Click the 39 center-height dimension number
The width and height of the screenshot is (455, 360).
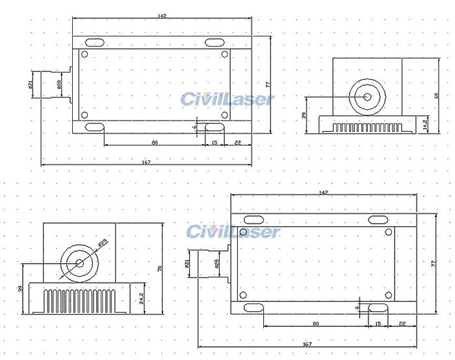pyautogui.click(x=21, y=289)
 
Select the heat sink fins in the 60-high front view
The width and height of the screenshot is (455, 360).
pyautogui.click(x=366, y=125)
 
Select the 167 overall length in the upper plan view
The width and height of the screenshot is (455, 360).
pyautogui.click(x=146, y=162)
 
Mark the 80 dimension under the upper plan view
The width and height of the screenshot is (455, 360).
pyautogui.click(x=155, y=142)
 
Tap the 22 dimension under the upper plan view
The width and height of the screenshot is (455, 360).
pyautogui.click(x=238, y=142)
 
